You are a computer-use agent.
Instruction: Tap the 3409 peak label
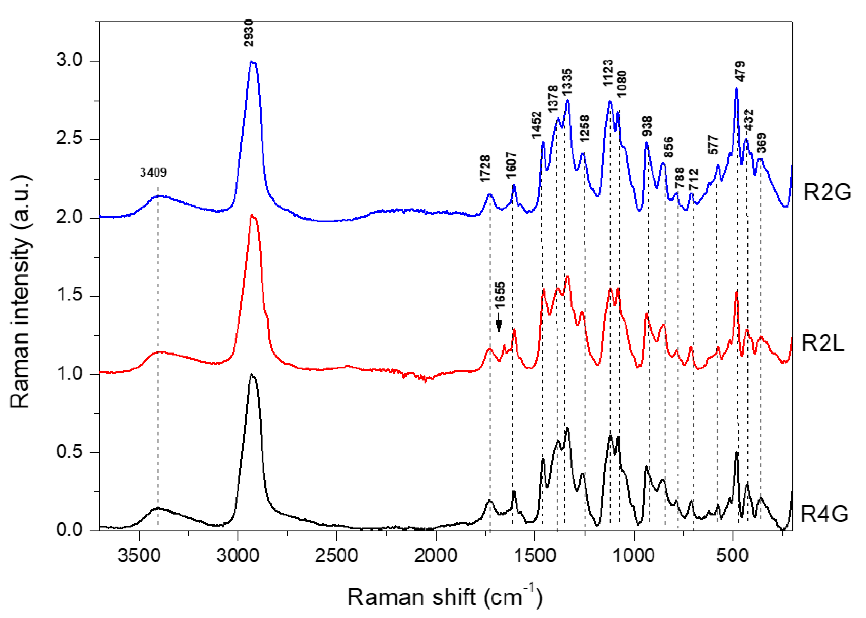pyautogui.click(x=153, y=172)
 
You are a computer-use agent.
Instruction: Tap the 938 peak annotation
pyautogui.click(x=647, y=126)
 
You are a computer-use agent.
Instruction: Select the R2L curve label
pyautogui.click(x=823, y=343)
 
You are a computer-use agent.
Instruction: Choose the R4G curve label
pyautogui.click(x=824, y=514)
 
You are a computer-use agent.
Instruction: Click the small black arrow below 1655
pyautogui.click(x=499, y=325)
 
